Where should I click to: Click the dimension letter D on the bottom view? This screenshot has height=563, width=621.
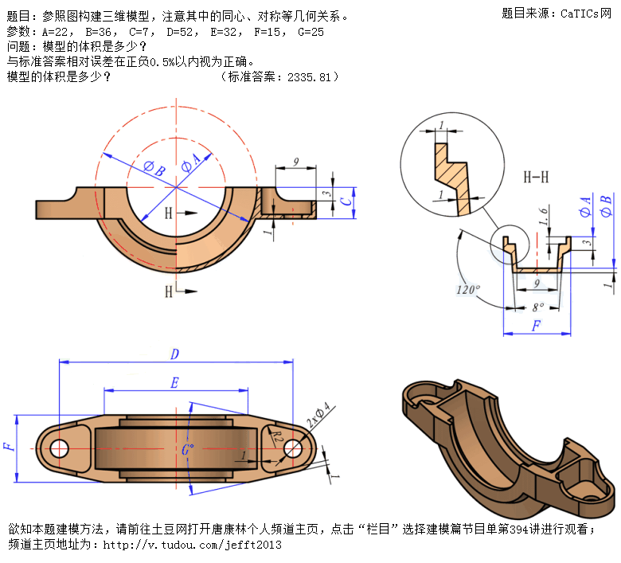[174, 354]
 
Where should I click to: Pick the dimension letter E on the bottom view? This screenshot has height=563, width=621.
[174, 383]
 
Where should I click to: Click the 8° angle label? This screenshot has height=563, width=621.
[537, 305]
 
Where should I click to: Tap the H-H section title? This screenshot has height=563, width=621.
[535, 177]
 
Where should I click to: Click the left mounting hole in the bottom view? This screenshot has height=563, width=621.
[60, 448]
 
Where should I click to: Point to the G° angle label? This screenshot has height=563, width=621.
[188, 450]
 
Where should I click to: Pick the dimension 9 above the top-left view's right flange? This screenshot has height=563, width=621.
[295, 162]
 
